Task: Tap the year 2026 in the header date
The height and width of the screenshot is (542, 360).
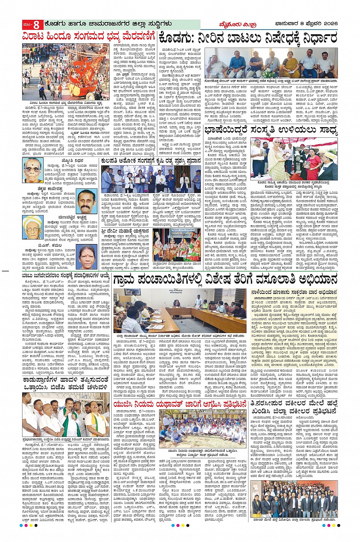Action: coord(329,25)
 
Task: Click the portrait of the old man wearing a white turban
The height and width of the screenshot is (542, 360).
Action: coord(33,228)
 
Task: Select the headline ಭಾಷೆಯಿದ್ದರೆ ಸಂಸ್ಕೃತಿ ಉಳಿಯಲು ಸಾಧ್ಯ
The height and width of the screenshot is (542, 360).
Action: coord(271,131)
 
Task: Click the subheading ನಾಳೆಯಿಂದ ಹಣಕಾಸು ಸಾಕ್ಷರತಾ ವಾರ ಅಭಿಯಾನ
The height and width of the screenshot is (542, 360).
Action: coord(294,292)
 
